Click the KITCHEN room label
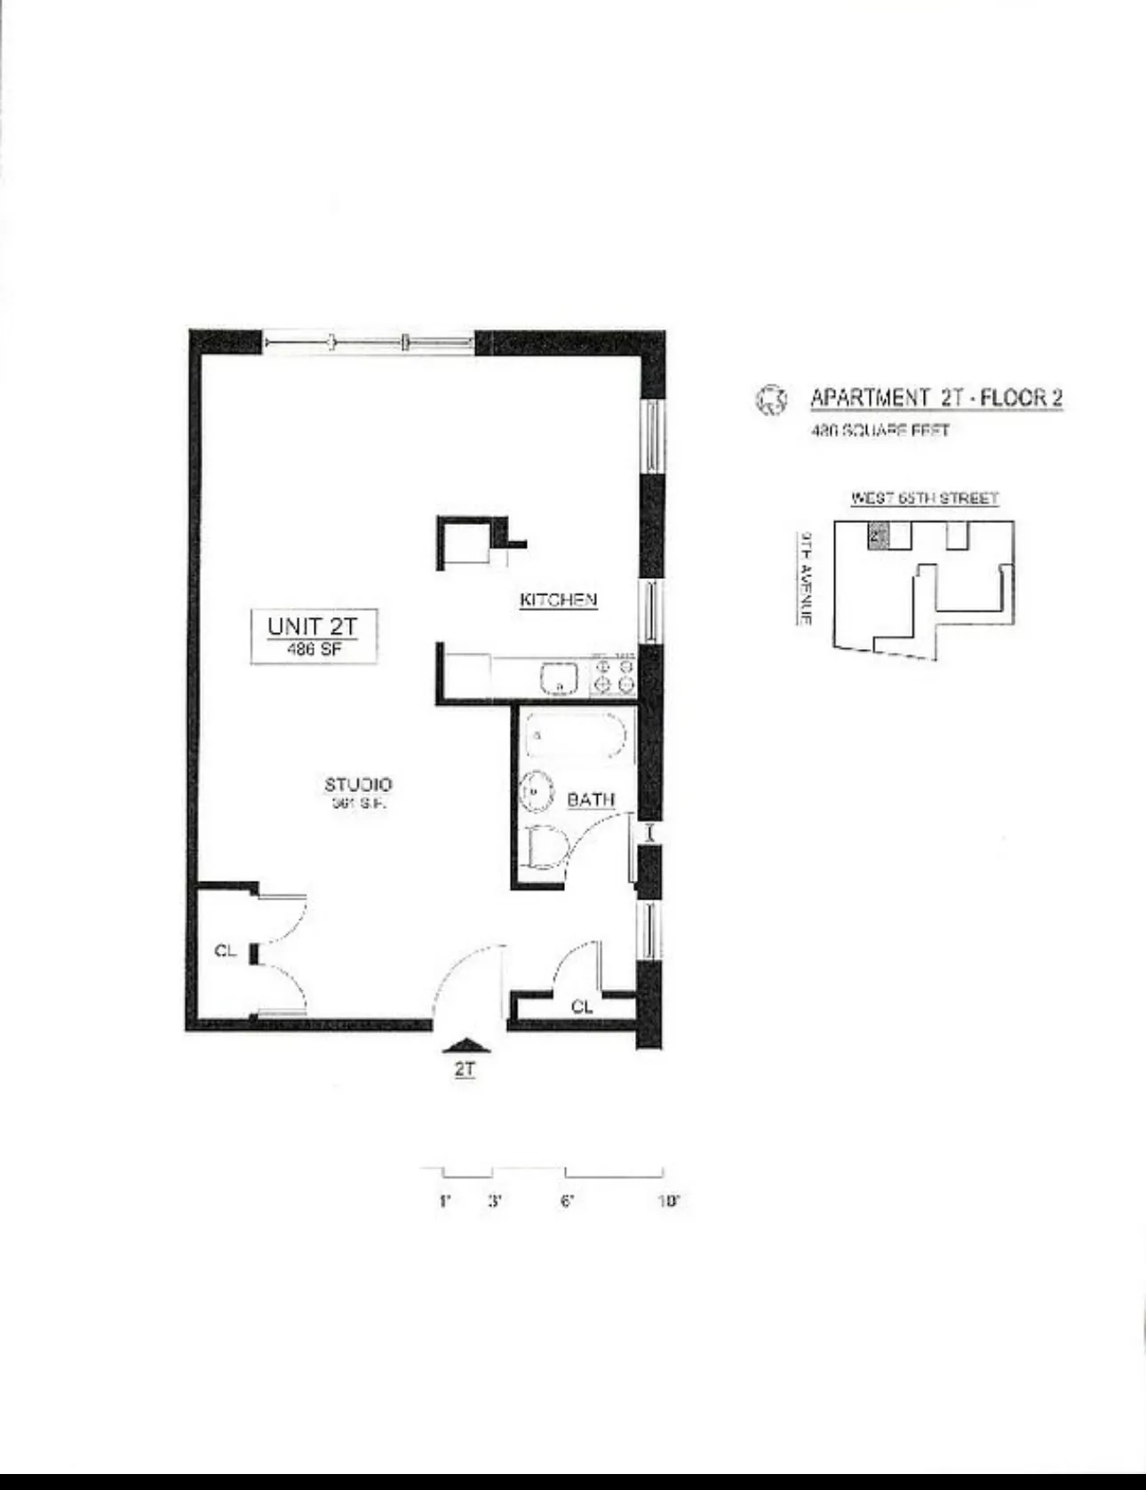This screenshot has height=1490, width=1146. (x=558, y=600)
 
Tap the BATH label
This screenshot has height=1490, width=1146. (x=591, y=800)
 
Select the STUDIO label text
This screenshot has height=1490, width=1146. (x=358, y=785)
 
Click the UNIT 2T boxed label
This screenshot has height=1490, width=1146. (x=313, y=635)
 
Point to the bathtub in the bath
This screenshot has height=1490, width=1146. (x=577, y=736)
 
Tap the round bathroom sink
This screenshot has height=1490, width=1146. (x=536, y=790)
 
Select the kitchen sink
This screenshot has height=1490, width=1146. (x=559, y=679)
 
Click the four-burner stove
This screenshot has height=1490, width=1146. (x=613, y=675)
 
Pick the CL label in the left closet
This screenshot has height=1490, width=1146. (x=226, y=951)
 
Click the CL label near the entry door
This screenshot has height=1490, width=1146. (x=582, y=1007)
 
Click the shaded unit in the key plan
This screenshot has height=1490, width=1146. (x=877, y=535)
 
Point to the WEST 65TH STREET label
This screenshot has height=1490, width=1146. (x=924, y=498)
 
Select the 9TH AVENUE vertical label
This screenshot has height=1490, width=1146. (x=806, y=577)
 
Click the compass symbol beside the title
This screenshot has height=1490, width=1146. (x=770, y=400)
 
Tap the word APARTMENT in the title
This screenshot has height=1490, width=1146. (x=869, y=398)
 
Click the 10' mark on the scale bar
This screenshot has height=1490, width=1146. (x=668, y=1201)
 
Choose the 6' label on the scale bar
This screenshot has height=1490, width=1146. (x=567, y=1201)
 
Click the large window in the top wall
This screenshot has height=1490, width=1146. (x=369, y=341)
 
